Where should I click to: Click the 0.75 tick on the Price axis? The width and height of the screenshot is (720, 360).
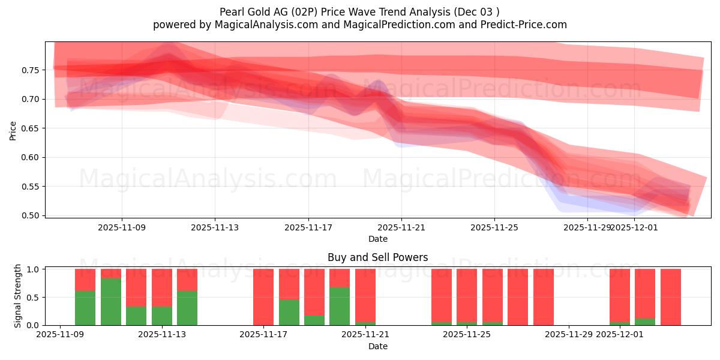(31, 70)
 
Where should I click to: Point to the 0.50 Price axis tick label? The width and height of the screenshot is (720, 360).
(31, 215)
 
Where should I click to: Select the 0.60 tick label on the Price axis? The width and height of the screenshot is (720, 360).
(31, 157)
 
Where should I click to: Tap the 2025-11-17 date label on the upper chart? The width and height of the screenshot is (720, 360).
(308, 228)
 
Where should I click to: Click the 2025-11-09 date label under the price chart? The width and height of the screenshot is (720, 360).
(122, 228)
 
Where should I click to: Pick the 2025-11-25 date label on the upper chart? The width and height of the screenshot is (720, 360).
(494, 228)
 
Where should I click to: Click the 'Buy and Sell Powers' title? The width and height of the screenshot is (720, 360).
(377, 257)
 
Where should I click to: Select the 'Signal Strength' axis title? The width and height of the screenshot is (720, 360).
(18, 296)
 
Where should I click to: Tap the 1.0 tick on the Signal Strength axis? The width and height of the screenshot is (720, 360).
(34, 269)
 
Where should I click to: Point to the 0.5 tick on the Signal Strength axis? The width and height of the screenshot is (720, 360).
(34, 298)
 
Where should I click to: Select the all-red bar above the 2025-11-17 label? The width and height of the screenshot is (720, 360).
(263, 297)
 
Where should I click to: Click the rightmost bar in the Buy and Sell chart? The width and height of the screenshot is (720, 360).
(671, 297)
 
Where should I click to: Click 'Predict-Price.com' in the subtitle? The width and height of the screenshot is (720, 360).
(526, 25)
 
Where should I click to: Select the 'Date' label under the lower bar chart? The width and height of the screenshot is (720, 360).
(377, 346)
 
